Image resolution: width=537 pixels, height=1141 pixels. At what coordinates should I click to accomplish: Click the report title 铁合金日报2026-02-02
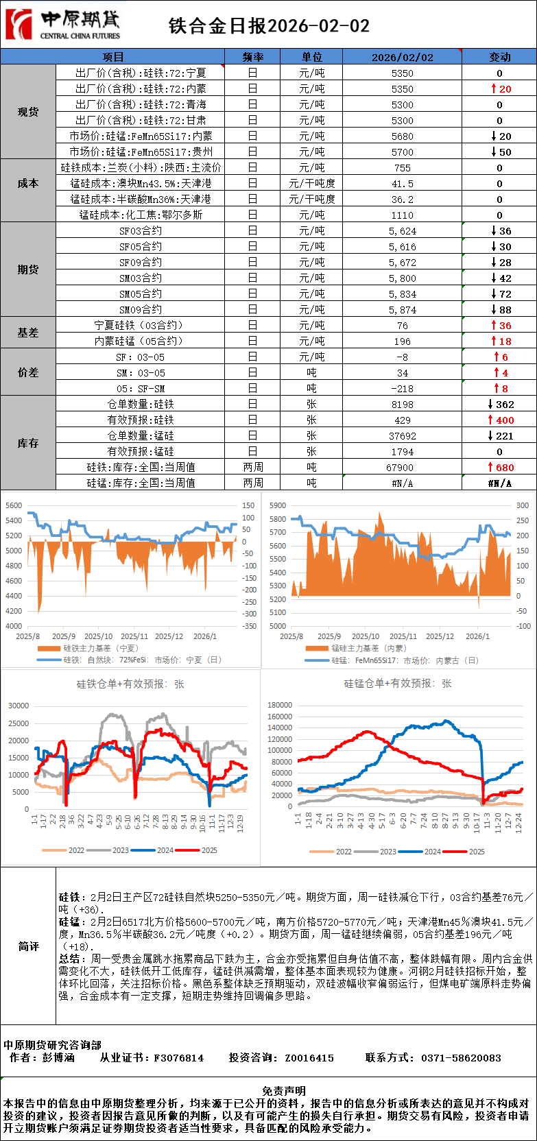(269, 26)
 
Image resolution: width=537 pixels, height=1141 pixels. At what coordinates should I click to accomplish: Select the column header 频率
(252, 57)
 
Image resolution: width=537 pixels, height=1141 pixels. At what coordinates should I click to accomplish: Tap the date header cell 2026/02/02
(402, 57)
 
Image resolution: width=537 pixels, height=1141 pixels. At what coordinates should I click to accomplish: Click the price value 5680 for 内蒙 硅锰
(402, 136)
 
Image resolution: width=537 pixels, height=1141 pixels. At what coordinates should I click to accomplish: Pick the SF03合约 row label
(141, 231)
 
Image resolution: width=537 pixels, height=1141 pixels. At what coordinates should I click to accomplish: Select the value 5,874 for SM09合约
(402, 310)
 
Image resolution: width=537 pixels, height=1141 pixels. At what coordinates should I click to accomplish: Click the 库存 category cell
(28, 444)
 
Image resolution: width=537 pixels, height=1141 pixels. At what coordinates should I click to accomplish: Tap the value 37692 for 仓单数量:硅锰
(402, 436)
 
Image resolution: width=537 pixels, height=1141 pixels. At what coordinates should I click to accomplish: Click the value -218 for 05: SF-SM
(402, 389)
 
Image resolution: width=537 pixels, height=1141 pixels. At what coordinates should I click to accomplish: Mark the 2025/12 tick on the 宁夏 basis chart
(169, 636)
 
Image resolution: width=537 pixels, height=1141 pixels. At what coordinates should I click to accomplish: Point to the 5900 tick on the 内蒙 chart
(278, 505)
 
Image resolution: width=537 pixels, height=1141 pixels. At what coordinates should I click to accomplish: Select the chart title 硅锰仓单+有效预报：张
(398, 684)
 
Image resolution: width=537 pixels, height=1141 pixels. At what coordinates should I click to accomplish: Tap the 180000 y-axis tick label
(280, 705)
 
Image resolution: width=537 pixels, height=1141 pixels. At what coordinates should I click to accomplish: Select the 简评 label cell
(28, 946)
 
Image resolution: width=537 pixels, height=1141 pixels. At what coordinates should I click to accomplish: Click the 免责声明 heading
(284, 1091)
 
